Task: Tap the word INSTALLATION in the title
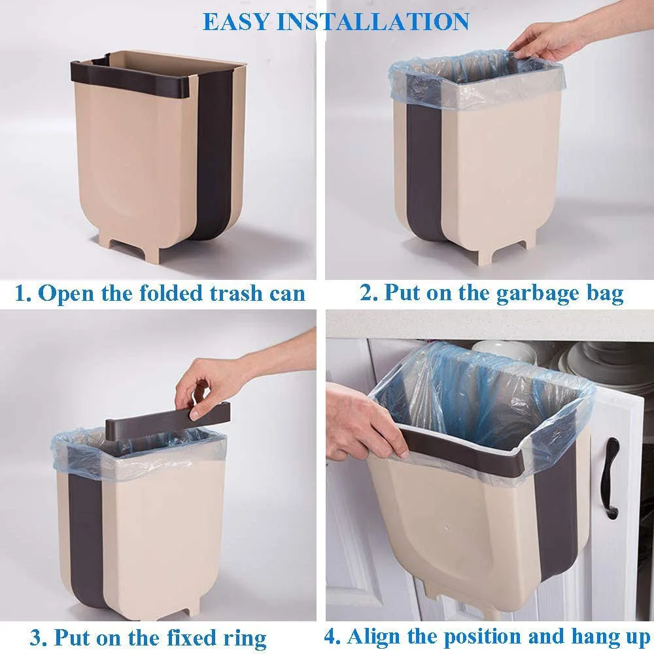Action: (x=373, y=22)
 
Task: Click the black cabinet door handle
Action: (x=610, y=478)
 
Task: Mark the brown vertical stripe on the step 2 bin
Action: (x=423, y=171)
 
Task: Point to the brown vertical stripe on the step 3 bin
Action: (x=86, y=538)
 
